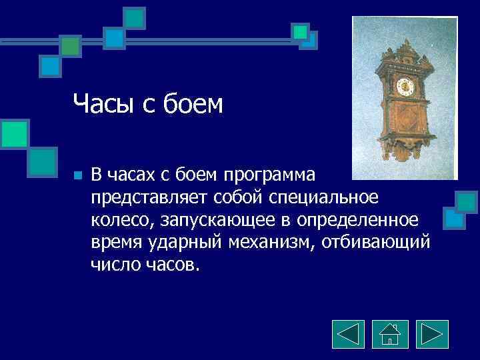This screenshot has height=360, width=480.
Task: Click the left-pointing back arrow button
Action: pos(348,334)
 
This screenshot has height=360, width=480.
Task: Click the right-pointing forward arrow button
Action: pos(432,334)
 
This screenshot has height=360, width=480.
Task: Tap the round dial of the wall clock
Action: pos(403,85)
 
